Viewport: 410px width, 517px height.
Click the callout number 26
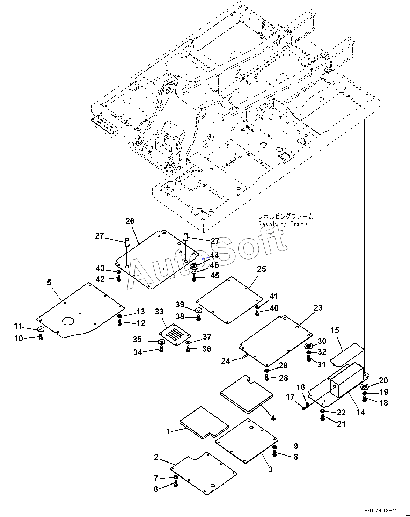pos(130,221)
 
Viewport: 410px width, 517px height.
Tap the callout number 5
pos(49,283)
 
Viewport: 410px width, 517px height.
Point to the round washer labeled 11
pos(41,329)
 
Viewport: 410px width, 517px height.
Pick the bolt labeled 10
pos(41,337)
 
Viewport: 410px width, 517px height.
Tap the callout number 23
pos(318,307)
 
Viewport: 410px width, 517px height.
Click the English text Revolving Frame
pos(283,224)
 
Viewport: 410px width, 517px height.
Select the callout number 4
pos(273,418)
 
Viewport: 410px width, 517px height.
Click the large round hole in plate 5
pos(68,320)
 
